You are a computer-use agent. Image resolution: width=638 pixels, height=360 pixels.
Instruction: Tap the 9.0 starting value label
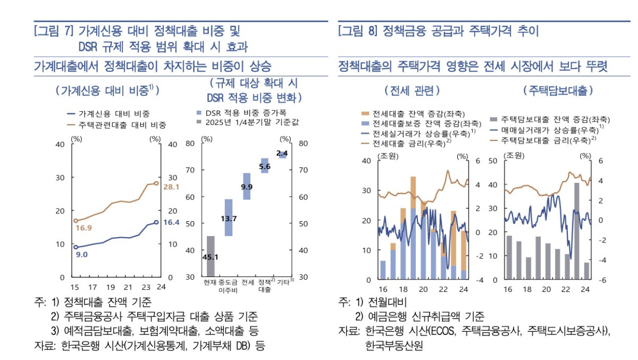(81, 255)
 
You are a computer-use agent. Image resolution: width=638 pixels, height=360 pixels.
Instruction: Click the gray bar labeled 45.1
(211, 256)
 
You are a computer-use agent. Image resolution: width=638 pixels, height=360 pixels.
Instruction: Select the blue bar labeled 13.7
(229, 217)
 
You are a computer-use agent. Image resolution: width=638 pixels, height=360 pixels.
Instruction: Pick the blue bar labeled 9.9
(247, 186)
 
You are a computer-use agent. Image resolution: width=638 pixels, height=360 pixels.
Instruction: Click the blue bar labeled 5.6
(264, 166)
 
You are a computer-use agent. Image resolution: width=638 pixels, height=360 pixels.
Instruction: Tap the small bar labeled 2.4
(282, 154)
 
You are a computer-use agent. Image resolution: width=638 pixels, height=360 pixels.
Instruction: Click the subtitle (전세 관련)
(412, 91)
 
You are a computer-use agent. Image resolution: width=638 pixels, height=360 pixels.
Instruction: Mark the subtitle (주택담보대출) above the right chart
(558, 91)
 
